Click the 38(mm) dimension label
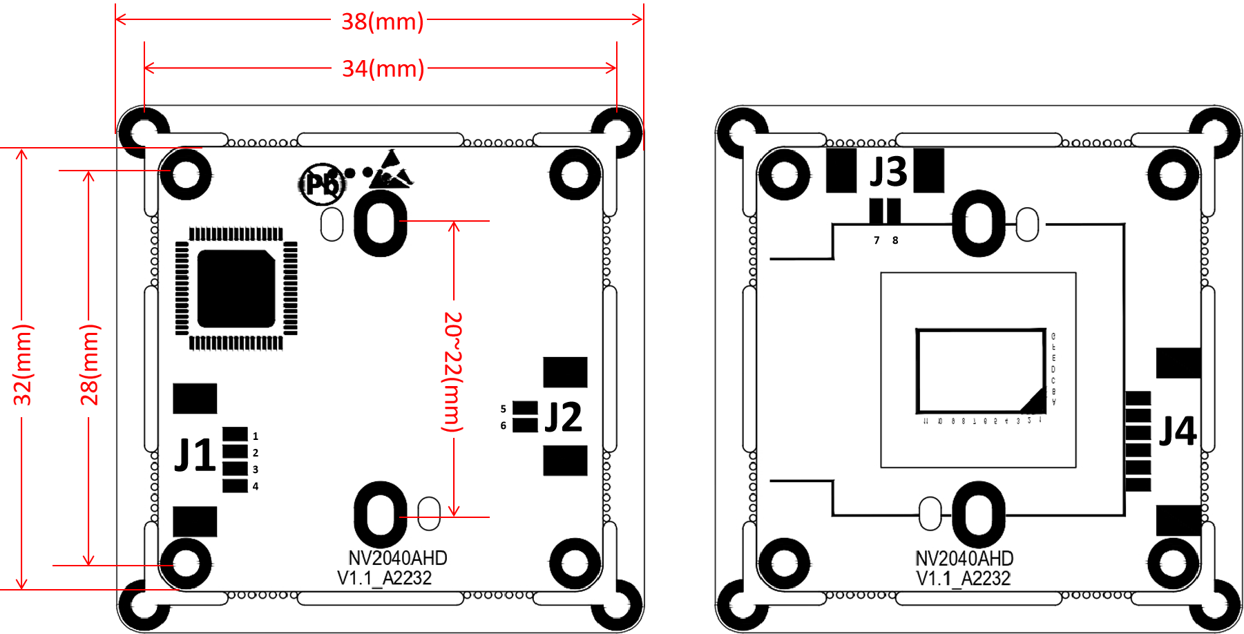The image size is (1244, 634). [x=382, y=21]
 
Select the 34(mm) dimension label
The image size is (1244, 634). [x=383, y=68]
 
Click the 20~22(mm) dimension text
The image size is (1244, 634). [x=452, y=371]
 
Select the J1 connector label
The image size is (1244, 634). [x=194, y=455]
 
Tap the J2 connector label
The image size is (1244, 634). [x=563, y=417]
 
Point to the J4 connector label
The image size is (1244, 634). [x=1178, y=431]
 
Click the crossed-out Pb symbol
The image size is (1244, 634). [x=322, y=184]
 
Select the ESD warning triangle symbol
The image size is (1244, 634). [x=390, y=171]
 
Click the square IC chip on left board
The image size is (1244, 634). [x=236, y=289]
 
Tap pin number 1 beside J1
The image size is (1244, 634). [x=256, y=436]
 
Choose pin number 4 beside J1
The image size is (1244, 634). [x=256, y=486]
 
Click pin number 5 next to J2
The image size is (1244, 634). [x=504, y=409]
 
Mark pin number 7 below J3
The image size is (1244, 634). [x=877, y=240]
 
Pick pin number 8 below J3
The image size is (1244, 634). [x=895, y=240]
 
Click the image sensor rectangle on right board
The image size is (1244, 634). [x=980, y=371]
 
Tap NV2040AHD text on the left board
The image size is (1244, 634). [x=397, y=558]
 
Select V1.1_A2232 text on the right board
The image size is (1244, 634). [x=964, y=578]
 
